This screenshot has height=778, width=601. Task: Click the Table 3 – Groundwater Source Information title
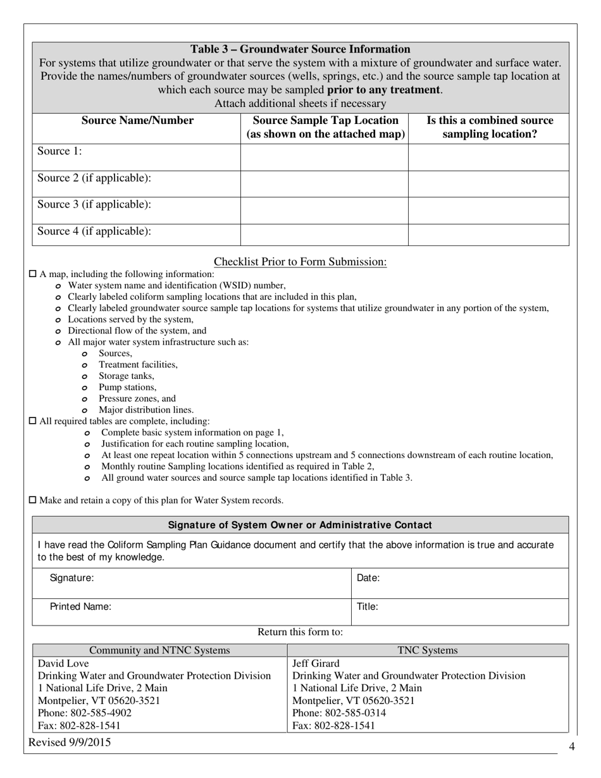pyautogui.click(x=300, y=49)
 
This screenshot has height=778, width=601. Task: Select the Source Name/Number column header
pyautogui.click(x=137, y=121)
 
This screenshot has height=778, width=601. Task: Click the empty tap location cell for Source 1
pyautogui.click(x=324, y=157)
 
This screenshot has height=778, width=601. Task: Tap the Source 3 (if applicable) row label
pyautogui.click(x=94, y=205)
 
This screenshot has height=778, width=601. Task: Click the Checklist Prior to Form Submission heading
pyautogui.click(x=300, y=262)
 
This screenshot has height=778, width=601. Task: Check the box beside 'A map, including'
pyautogui.click(x=34, y=274)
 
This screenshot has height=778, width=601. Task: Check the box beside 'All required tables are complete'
pyautogui.click(x=34, y=421)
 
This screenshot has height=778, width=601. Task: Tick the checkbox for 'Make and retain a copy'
pyautogui.click(x=34, y=500)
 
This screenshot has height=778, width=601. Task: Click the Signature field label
pyautogui.click(x=71, y=577)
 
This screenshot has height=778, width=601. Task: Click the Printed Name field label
pyautogui.click(x=80, y=607)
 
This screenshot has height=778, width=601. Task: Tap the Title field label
pyautogui.click(x=368, y=607)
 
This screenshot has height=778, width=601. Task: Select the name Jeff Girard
pyautogui.click(x=316, y=664)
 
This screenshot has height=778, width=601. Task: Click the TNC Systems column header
pyautogui.click(x=428, y=650)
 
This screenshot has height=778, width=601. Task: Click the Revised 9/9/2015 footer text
pyautogui.click(x=69, y=743)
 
